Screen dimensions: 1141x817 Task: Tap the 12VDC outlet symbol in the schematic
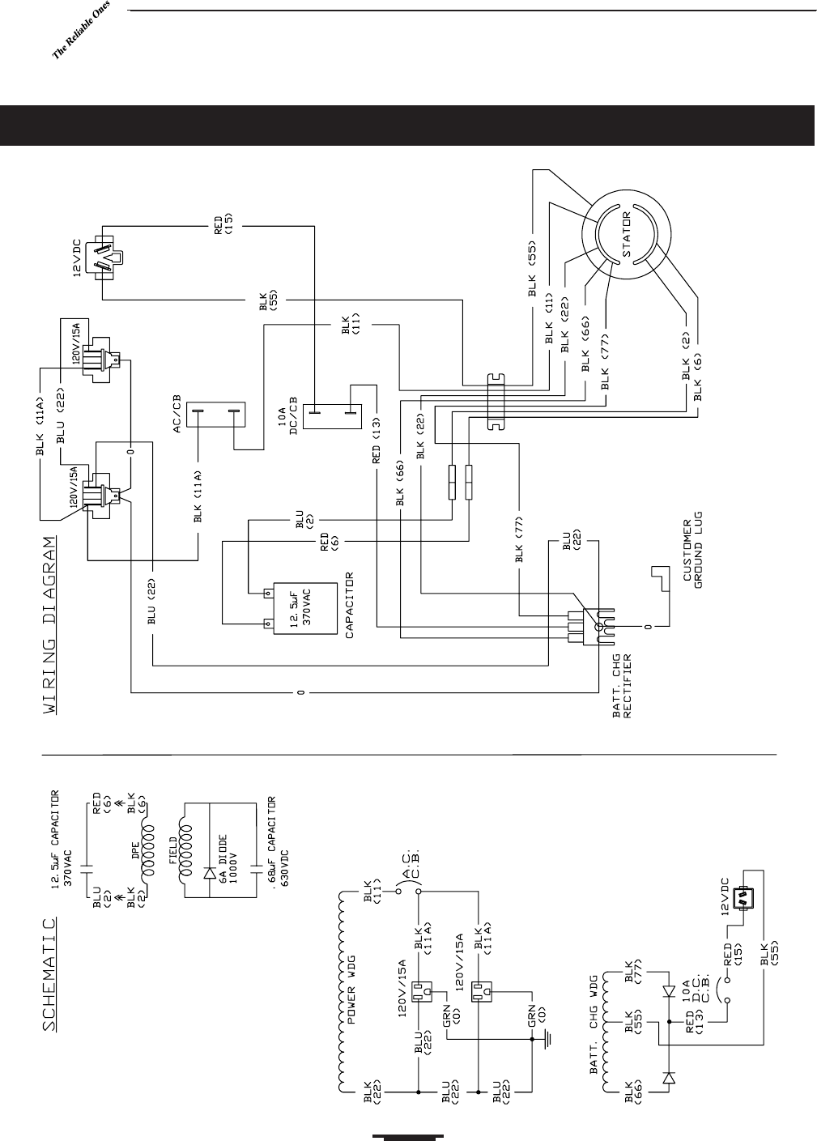[x=743, y=897]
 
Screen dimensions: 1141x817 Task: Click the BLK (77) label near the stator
[x=602, y=359]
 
